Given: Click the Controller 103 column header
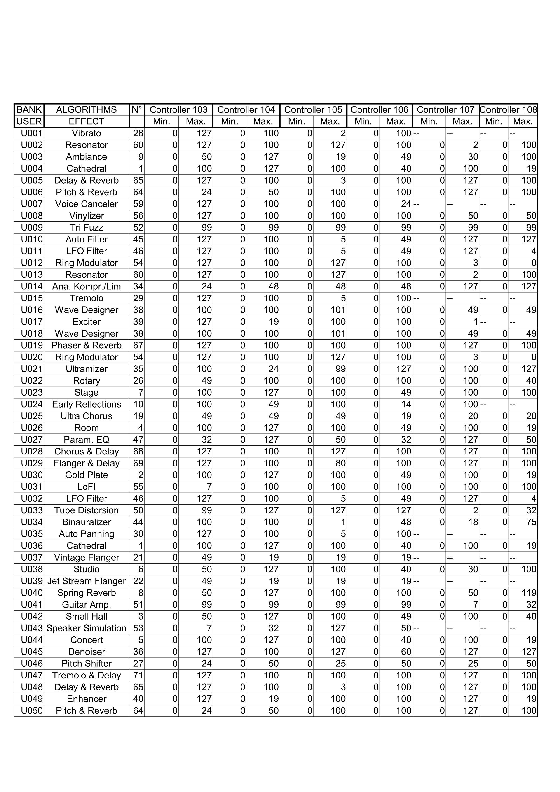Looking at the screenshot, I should point(178,110).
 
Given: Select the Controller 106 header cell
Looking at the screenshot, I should point(379,110).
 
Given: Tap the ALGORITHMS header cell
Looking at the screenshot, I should point(86,110).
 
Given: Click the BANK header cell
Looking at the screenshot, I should point(29,110).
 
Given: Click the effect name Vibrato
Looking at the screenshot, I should point(86,133).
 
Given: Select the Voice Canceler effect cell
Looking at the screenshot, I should point(86,204).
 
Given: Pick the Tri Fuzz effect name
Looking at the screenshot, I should point(86,228).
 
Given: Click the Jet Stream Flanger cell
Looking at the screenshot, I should point(86,581).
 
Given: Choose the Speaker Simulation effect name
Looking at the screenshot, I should point(86,628).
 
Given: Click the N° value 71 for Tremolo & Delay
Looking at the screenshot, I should point(138,676).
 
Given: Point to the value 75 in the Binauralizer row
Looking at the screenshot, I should point(531,522).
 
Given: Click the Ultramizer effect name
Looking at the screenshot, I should point(86,369).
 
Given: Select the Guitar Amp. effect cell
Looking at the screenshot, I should point(86,605).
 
